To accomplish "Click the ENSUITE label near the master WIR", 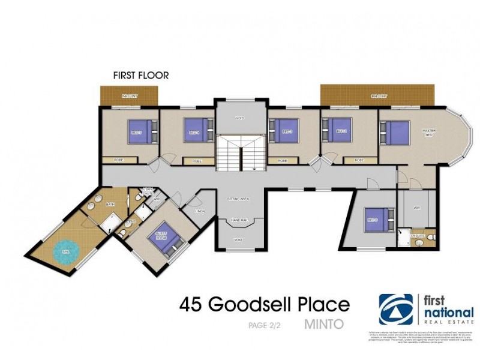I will (x=418, y=236).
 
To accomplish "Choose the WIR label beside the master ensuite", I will (x=416, y=208).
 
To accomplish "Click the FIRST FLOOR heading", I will (x=141, y=76).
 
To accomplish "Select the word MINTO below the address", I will (x=325, y=326).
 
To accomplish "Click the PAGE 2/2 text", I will (x=265, y=326).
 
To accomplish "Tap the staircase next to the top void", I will (x=240, y=153).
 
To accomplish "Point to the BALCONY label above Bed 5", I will (x=129, y=96).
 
